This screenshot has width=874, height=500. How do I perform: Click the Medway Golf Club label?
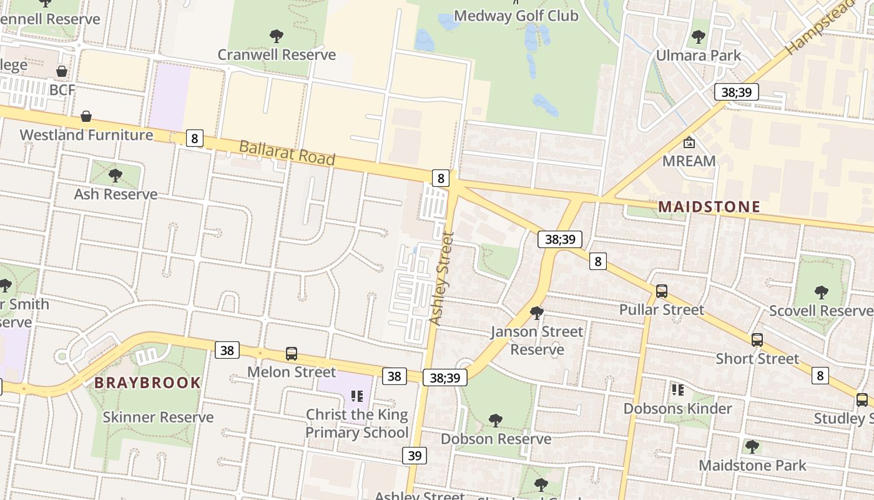(516, 16)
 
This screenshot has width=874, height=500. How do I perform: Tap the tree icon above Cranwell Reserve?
(277, 36)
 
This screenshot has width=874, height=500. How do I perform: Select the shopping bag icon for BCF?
(62, 71)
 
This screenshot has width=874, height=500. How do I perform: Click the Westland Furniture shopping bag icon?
(86, 116)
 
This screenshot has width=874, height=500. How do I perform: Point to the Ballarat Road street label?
(287, 152)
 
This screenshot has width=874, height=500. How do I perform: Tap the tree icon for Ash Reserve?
(115, 175)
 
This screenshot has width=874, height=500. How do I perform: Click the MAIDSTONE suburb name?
(709, 207)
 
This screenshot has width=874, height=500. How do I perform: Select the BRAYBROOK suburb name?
(148, 382)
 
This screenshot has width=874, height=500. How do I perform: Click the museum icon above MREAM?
(689, 142)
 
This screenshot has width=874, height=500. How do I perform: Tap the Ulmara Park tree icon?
(699, 37)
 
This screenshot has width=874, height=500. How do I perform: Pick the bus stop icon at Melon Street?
(292, 353)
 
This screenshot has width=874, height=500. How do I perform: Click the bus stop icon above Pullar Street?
(662, 291)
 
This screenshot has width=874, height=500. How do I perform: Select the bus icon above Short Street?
(757, 340)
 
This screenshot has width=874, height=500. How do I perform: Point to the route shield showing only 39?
(415, 456)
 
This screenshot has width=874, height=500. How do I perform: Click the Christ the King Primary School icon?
(357, 396)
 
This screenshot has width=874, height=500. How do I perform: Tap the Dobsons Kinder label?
(677, 409)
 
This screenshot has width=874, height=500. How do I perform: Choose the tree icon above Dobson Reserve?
(496, 420)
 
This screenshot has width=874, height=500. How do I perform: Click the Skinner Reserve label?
(158, 417)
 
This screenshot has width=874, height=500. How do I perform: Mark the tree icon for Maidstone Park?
(752, 446)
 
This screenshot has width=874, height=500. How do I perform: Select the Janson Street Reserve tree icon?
(536, 312)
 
